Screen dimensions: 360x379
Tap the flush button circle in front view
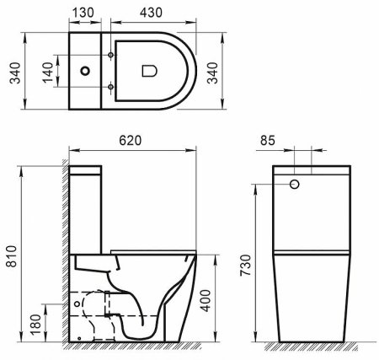click(296, 183)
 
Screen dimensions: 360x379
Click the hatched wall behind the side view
click(62, 253)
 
